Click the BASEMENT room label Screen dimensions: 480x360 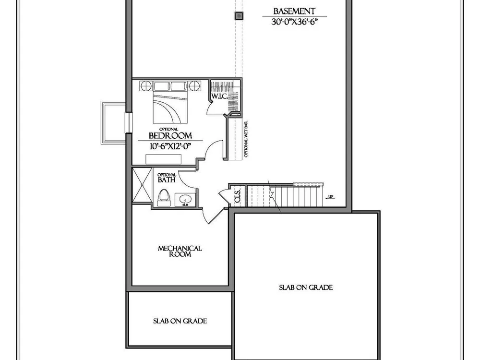coord(294,12)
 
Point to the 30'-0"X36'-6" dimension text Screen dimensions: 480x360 coord(294,22)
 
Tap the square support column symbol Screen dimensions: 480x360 coord(239,16)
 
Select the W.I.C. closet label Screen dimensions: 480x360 coord(219,96)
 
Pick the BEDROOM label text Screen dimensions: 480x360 coord(170,136)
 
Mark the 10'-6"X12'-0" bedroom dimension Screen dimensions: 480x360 coord(170,146)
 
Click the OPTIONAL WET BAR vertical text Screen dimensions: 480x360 coord(246,139)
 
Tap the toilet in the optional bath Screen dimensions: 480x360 coord(164,197)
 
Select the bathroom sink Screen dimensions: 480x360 coord(185,200)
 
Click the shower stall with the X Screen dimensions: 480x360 coord(143,185)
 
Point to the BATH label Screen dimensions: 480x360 coord(167,180)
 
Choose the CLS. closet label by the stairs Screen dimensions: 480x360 coord(238,196)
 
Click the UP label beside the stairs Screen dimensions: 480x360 coord(331,196)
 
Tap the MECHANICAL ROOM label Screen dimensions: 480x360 coord(180,251)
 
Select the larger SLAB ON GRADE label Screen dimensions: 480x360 coord(306,288)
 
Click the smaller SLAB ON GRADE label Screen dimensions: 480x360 coord(180,321)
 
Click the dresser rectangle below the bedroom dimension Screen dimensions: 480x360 coord(164,159)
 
